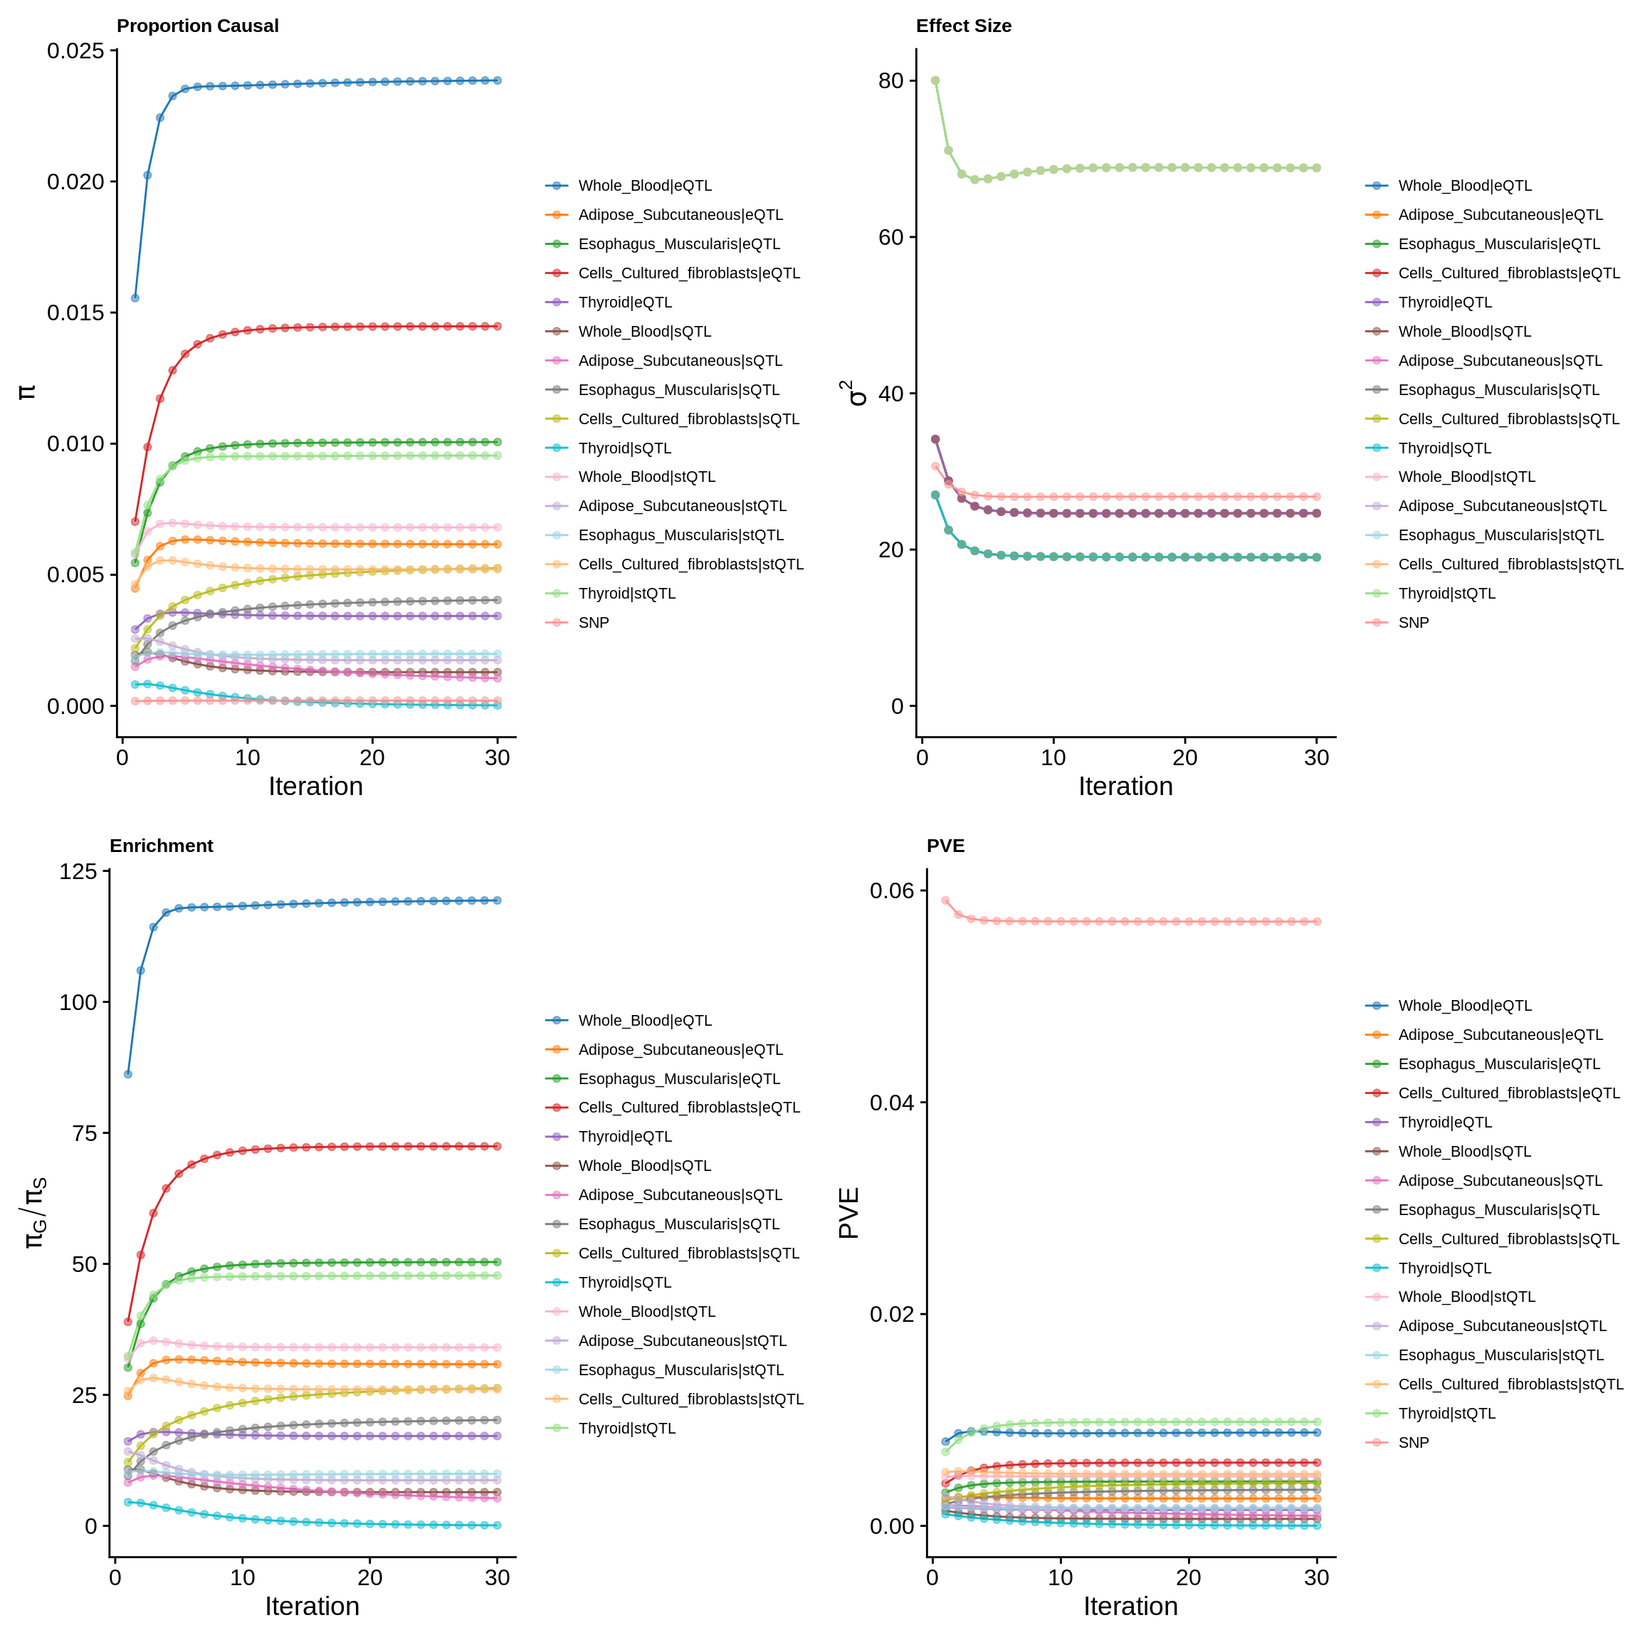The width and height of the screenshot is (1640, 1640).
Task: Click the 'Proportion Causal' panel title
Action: (x=197, y=26)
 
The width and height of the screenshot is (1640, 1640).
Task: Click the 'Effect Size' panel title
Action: (x=964, y=26)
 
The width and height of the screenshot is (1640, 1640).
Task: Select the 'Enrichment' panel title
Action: (x=162, y=846)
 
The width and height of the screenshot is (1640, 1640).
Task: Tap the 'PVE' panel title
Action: (x=945, y=846)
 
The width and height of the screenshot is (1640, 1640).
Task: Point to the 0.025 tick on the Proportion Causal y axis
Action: (x=75, y=51)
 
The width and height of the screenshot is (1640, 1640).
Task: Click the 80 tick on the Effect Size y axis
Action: (x=890, y=80)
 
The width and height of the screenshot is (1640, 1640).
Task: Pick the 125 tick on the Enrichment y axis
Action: (x=78, y=872)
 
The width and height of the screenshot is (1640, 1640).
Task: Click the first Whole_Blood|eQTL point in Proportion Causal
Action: (x=135, y=298)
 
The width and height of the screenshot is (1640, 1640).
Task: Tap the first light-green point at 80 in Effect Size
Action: (x=935, y=80)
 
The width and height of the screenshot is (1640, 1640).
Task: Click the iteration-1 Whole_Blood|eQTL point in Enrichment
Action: (x=128, y=1074)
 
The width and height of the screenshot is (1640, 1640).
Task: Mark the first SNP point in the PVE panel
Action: (x=945, y=900)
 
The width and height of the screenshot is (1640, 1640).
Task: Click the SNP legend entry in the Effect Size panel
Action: (x=1414, y=622)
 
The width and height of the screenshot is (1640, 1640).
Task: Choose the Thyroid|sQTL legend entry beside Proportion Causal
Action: (x=624, y=448)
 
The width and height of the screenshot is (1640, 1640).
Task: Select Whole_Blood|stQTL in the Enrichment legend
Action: (x=646, y=1311)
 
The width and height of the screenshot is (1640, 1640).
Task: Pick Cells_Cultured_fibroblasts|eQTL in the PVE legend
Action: (x=1508, y=1093)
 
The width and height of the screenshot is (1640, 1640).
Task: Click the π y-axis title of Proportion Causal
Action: (x=27, y=391)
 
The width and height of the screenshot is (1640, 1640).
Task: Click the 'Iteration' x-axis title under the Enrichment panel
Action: (x=312, y=1606)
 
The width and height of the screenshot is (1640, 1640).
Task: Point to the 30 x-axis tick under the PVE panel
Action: (x=1317, y=1577)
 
